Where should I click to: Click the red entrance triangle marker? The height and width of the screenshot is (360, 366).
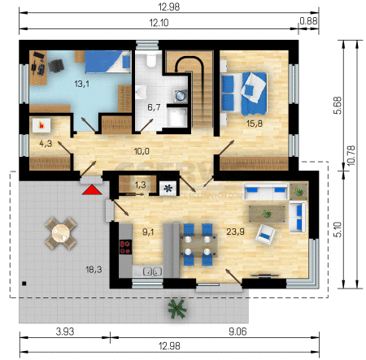(92, 190)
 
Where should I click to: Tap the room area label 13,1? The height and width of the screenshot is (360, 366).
(82, 84)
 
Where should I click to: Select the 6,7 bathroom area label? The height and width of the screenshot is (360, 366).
(154, 107)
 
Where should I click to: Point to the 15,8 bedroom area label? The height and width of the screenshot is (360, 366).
(255, 124)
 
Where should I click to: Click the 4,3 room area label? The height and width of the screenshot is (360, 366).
(46, 144)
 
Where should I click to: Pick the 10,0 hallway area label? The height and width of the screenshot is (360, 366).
(142, 151)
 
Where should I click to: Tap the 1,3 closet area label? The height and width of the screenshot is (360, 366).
(141, 184)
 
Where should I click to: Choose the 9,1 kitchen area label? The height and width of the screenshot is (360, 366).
(148, 232)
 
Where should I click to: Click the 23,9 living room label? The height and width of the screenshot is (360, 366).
(235, 232)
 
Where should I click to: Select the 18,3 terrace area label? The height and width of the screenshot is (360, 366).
(94, 270)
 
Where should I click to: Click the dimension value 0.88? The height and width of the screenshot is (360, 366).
(308, 21)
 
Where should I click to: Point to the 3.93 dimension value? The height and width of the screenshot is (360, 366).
(65, 332)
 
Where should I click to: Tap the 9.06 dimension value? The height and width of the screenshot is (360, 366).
(237, 332)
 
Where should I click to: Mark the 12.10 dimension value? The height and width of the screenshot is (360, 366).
(159, 23)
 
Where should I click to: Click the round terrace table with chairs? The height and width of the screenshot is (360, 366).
(61, 233)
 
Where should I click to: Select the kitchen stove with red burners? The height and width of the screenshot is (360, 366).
(125, 247)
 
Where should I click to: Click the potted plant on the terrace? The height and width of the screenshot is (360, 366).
(177, 309)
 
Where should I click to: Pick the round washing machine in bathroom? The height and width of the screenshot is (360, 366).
(181, 95)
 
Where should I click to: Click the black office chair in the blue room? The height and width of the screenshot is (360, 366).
(56, 66)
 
